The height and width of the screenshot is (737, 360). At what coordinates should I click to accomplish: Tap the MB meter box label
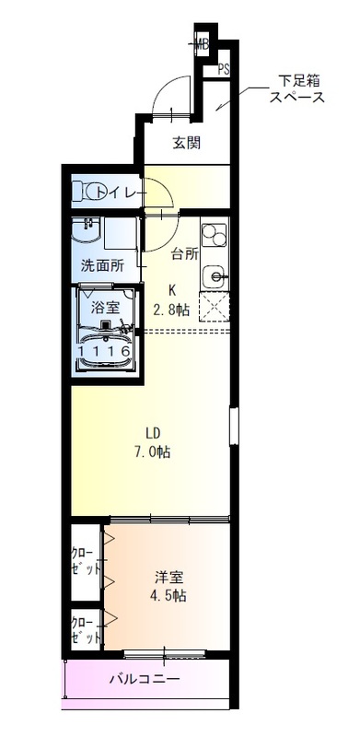coord(203,43)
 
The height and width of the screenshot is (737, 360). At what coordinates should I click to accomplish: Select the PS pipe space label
coord(224,69)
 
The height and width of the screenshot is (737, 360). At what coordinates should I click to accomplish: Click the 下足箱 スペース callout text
coord(295,88)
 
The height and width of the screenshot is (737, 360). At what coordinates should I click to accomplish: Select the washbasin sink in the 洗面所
coord(88,231)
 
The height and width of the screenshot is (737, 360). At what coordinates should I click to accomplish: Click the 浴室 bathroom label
coord(104,307)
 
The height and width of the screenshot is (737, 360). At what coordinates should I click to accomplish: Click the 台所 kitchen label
coord(184,254)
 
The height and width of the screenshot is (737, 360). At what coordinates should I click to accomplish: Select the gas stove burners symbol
coord(214,238)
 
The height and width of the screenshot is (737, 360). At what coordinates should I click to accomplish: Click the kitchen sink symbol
coord(215,275)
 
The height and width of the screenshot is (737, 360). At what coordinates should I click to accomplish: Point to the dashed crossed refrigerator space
coord(215,308)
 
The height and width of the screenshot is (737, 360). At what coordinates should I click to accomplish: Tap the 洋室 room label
coord(168,578)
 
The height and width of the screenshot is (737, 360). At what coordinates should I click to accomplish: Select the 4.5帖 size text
coord(168,596)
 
